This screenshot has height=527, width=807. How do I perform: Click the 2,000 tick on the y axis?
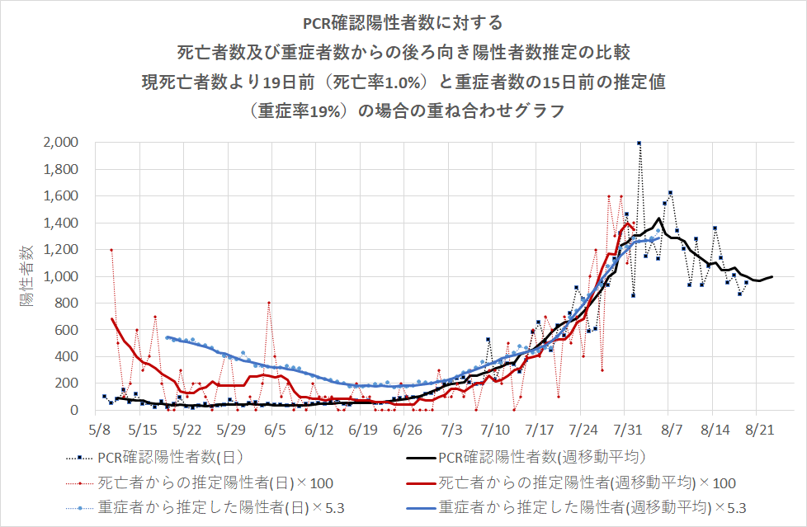point(60,143)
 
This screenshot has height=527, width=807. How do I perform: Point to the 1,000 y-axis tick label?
point(60,276)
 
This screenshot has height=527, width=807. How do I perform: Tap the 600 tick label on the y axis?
point(65,330)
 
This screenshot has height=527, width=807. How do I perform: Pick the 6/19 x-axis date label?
point(363,431)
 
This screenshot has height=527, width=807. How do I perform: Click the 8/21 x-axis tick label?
point(760,431)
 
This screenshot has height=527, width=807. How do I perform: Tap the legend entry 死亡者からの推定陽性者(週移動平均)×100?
point(586,482)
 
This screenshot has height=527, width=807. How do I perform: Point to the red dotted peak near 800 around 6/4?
point(269,303)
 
